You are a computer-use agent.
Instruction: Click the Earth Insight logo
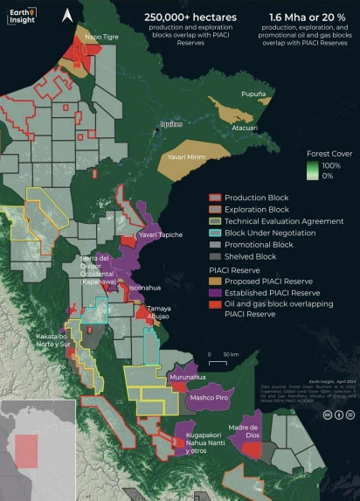click(x=22, y=15)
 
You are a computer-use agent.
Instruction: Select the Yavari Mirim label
click(x=187, y=157)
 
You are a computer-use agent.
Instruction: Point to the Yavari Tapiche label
click(x=161, y=235)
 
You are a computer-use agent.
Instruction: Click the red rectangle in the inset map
click(x=27, y=450)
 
